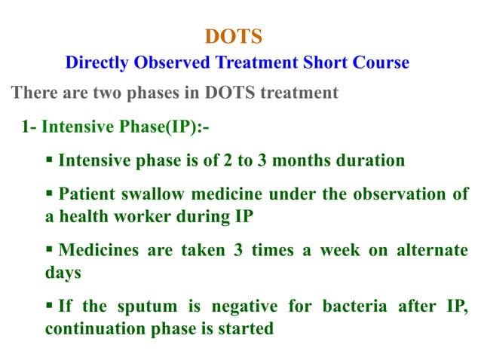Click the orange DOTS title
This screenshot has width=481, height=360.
point(234,37)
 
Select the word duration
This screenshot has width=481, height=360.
point(369,160)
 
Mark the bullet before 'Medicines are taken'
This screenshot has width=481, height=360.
point(49,250)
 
